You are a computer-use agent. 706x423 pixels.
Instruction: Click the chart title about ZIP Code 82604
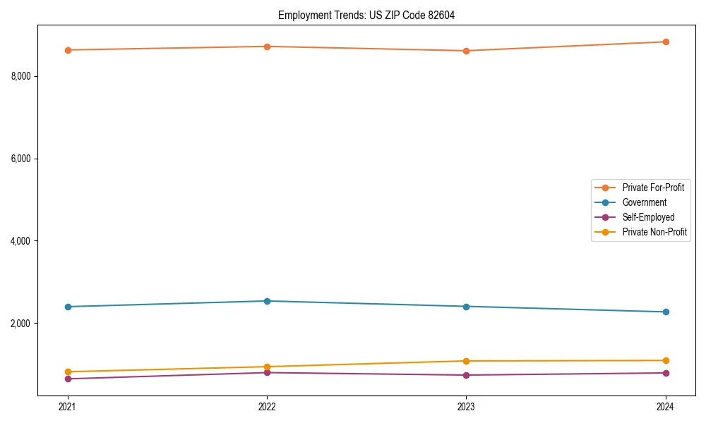[x=366, y=15]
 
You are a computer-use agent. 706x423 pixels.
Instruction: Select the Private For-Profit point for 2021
[x=68, y=50]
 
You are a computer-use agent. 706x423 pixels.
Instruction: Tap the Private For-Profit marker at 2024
[x=666, y=42]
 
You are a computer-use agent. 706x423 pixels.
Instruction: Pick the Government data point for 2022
[x=267, y=301]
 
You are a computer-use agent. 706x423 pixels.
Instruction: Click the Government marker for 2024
[x=666, y=312]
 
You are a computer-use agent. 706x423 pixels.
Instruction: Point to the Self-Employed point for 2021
[x=68, y=379]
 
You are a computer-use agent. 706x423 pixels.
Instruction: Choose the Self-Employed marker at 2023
[x=466, y=375]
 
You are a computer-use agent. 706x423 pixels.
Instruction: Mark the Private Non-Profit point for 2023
[x=466, y=361]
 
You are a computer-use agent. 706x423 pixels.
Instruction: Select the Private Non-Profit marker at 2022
[x=267, y=367]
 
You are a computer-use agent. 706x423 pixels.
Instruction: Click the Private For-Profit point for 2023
[x=466, y=51]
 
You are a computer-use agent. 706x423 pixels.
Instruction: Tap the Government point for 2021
[x=68, y=307]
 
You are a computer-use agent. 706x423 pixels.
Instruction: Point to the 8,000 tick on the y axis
[x=25, y=76]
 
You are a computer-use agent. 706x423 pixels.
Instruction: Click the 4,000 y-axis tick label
[x=25, y=241]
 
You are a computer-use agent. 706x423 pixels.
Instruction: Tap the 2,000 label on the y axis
[x=25, y=324]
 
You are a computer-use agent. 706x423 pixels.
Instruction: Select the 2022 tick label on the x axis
[x=267, y=407]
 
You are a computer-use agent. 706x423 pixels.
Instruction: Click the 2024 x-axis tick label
[x=666, y=407]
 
